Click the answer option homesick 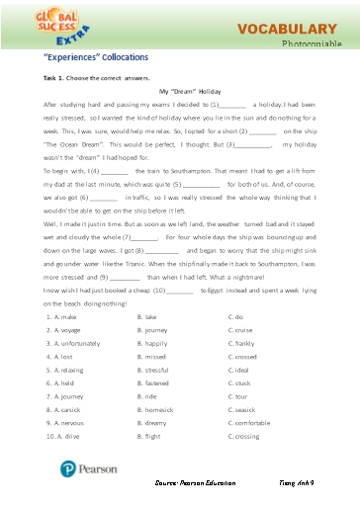[158, 407]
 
